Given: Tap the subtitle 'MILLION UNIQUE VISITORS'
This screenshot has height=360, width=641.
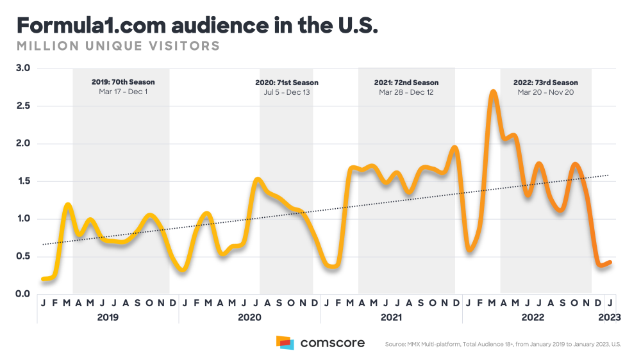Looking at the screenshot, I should pyautogui.click(x=118, y=46).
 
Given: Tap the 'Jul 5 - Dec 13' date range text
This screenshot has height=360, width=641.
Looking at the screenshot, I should pyautogui.click(x=287, y=92).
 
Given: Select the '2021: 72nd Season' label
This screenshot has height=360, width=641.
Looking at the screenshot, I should pyautogui.click(x=406, y=83).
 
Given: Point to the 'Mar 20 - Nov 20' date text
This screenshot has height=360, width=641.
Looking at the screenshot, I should pyautogui.click(x=545, y=92).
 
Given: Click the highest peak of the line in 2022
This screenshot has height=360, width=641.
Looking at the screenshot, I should pyautogui.click(x=492, y=92).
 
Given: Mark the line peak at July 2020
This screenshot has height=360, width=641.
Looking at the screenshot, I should pyautogui.click(x=256, y=179).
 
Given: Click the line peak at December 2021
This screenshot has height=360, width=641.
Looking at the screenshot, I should pyautogui.click(x=455, y=147).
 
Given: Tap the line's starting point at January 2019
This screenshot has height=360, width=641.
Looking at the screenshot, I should pyautogui.click(x=43, y=279).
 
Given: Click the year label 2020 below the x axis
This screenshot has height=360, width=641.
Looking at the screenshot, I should pyautogui.click(x=249, y=317).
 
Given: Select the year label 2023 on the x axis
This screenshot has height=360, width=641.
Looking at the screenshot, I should pyautogui.click(x=610, y=317).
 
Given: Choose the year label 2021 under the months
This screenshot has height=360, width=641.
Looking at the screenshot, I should pyautogui.click(x=391, y=317).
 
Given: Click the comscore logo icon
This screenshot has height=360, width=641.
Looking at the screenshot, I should pyautogui.click(x=285, y=343).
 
